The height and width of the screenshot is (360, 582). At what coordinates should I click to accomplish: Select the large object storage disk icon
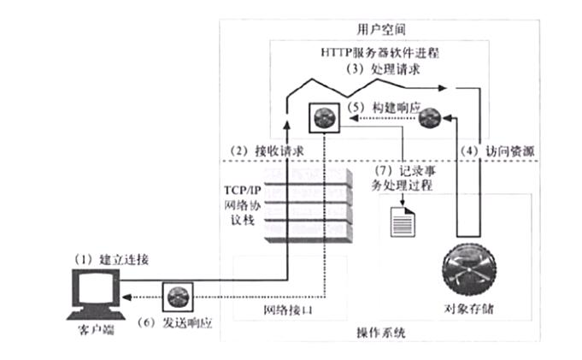coord(473,267)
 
